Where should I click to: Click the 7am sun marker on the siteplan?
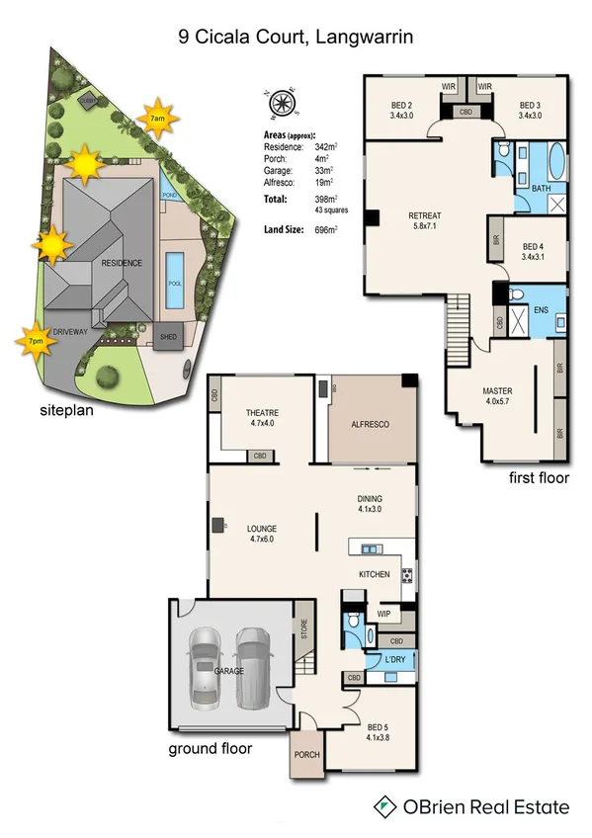[157, 119]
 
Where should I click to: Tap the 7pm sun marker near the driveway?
[34, 341]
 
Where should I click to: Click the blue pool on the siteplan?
[175, 268]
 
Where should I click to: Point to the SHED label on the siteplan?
[169, 338]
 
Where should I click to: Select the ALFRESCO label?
[371, 423]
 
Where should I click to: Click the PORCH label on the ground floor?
[307, 760]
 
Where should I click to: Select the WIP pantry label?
[384, 615]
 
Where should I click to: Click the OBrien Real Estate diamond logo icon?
[381, 806]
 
